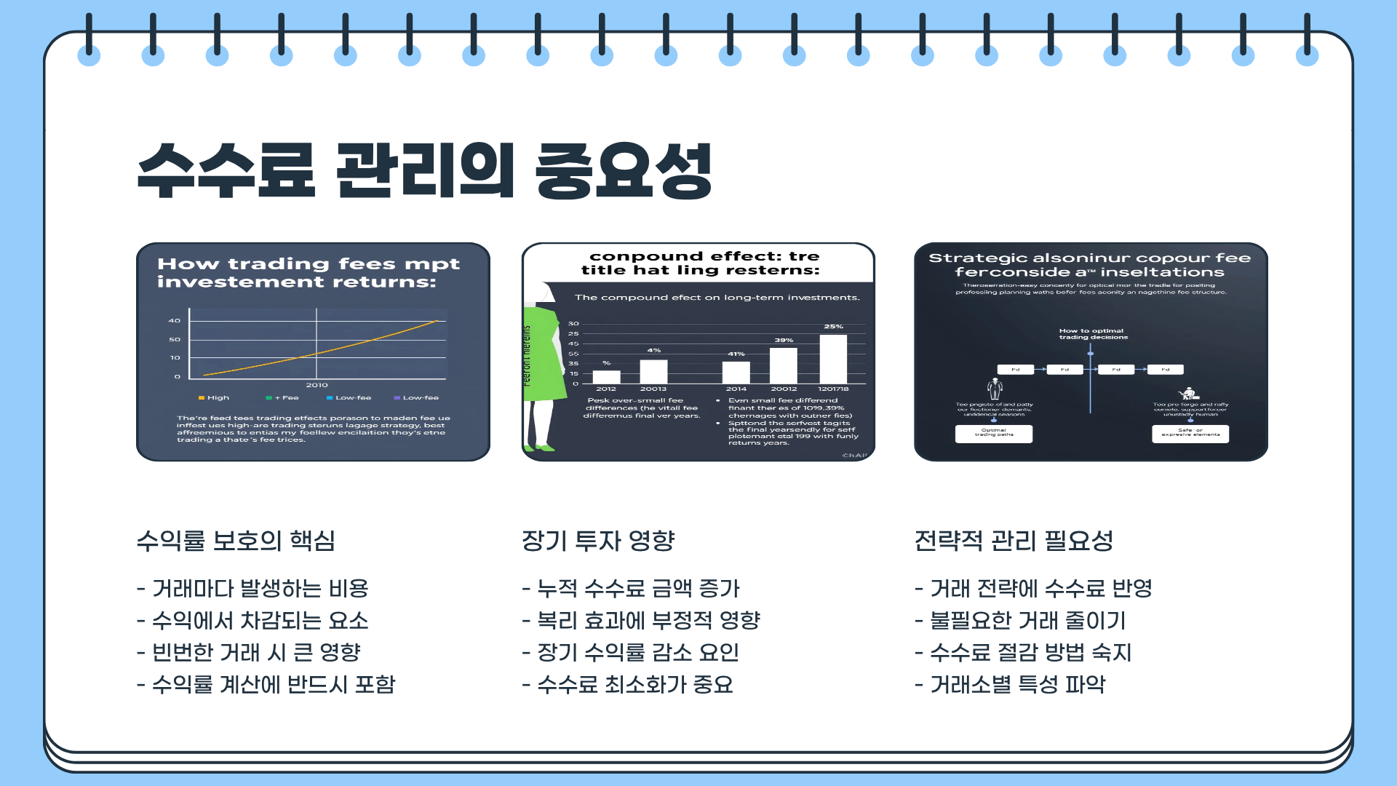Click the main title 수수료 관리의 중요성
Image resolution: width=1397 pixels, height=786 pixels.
424,170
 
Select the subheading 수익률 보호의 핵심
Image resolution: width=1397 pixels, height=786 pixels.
236,541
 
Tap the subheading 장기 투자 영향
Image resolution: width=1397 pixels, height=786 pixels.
598,541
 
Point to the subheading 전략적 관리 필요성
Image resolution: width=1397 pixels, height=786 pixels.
1014,541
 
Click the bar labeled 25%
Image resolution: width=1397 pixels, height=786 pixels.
833,359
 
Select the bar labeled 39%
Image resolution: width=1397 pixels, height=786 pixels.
784,365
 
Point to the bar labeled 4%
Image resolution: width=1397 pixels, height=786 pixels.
653,371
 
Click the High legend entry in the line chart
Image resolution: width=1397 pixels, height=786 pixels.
214,398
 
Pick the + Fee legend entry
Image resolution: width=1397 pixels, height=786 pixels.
283,398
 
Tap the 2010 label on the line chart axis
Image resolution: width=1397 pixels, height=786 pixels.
317,385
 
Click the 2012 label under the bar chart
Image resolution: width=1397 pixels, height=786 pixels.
606,389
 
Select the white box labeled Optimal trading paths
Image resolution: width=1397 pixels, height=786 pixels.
993,434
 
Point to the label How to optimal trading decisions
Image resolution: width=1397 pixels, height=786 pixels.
1093,334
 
